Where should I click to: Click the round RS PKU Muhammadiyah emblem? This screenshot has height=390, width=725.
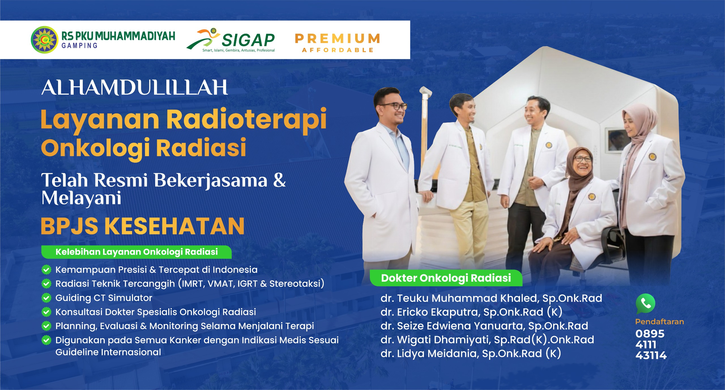pyautogui.click(x=44, y=40)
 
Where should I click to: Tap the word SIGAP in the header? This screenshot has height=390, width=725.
pyautogui.click(x=248, y=40)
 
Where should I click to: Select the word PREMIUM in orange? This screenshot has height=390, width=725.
pyautogui.click(x=337, y=39)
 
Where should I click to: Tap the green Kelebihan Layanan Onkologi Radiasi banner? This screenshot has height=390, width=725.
pyautogui.click(x=137, y=252)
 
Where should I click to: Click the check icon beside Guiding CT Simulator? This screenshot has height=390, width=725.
pyautogui.click(x=46, y=298)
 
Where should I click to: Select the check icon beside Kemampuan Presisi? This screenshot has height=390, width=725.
pyautogui.click(x=46, y=270)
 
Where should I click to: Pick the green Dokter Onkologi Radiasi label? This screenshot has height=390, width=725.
pyautogui.click(x=446, y=278)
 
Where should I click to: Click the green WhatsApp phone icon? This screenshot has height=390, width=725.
pyautogui.click(x=645, y=304)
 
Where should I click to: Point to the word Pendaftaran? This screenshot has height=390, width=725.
pyautogui.click(x=660, y=322)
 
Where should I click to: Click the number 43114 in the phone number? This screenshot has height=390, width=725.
pyautogui.click(x=651, y=355)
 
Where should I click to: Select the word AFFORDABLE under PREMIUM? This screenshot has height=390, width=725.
pyautogui.click(x=338, y=50)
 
